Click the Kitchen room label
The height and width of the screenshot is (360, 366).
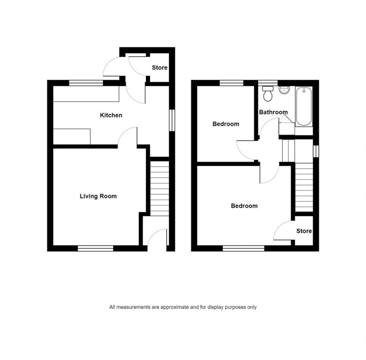click(x=111, y=115)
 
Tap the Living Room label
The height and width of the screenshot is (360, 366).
click(x=98, y=196)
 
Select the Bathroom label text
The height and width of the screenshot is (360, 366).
click(x=273, y=112)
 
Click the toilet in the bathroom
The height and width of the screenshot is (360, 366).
click(x=268, y=94)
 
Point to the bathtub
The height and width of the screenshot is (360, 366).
click(x=304, y=106)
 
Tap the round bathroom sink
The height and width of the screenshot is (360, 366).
click(x=284, y=89)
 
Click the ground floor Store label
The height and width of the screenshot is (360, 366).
click(x=159, y=68)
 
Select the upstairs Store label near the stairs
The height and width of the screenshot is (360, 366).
click(x=304, y=231)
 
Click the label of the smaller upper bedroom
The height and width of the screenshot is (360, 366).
click(x=226, y=124)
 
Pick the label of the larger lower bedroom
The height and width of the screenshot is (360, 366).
click(x=244, y=206)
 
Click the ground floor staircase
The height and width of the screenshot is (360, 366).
click(x=160, y=188)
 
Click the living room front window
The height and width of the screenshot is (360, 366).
click(x=96, y=248)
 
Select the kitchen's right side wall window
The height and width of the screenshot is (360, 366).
click(x=172, y=120)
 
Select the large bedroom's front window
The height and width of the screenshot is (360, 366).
click(x=244, y=248)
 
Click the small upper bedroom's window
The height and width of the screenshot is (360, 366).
click(x=232, y=83)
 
